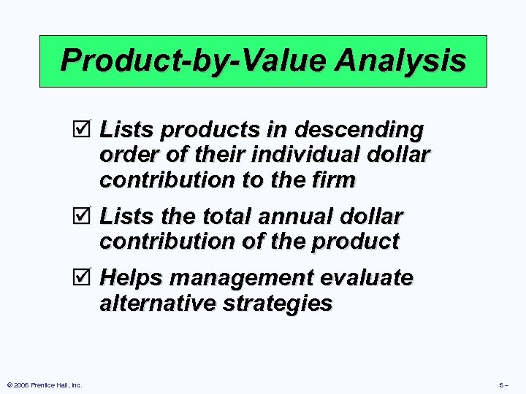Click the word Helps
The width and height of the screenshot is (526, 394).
click(x=129, y=279)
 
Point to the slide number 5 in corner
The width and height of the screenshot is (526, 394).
click(x=503, y=385)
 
